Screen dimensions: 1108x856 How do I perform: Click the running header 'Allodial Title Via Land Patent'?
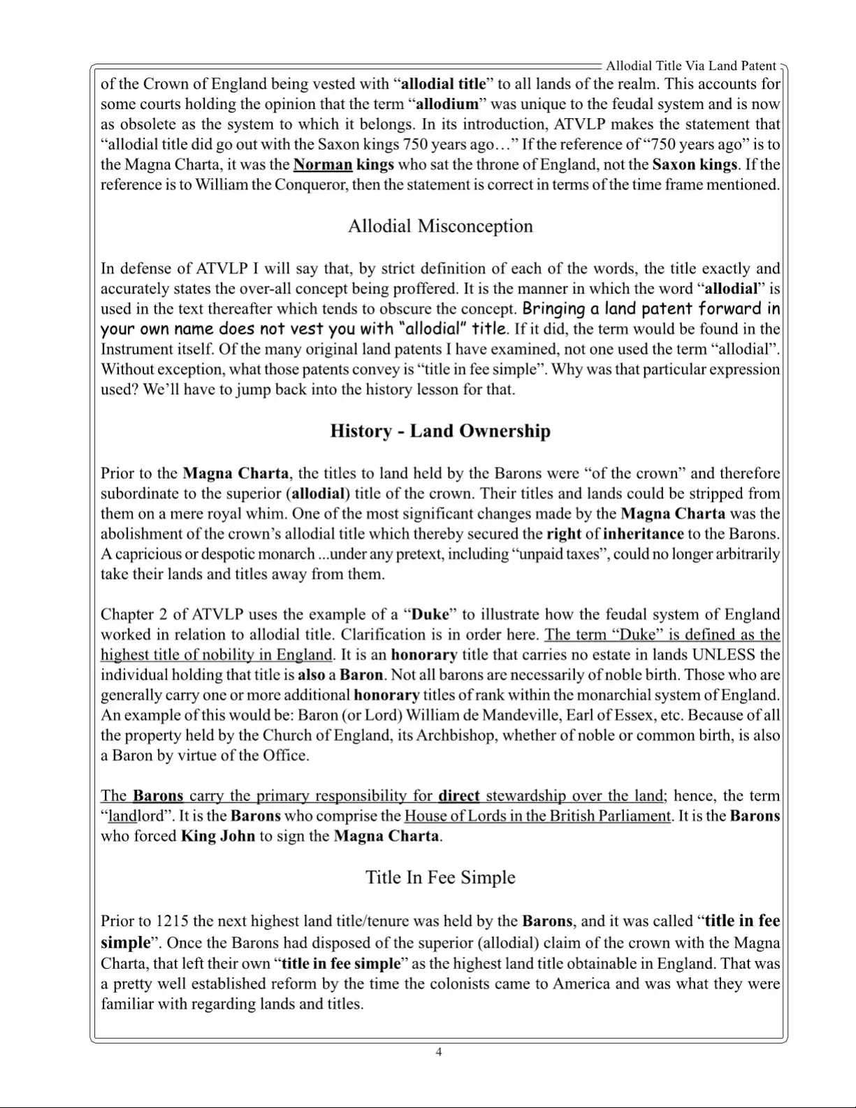[690, 66]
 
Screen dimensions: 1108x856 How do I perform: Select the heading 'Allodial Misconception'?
[440, 226]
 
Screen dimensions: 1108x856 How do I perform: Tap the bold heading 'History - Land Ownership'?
[440, 431]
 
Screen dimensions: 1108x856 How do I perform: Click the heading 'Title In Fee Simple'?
[440, 877]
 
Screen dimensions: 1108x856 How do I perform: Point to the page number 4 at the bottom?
[439, 1052]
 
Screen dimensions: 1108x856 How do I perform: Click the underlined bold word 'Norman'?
[322, 165]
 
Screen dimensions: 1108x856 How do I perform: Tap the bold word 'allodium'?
[447, 104]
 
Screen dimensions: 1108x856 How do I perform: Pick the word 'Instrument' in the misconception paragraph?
[136, 349]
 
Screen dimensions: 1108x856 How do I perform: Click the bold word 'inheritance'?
[643, 534]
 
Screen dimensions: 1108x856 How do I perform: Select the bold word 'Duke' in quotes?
[430, 614]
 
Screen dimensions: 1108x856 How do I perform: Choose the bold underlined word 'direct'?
[458, 796]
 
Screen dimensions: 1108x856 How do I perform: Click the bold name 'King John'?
[217, 836]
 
